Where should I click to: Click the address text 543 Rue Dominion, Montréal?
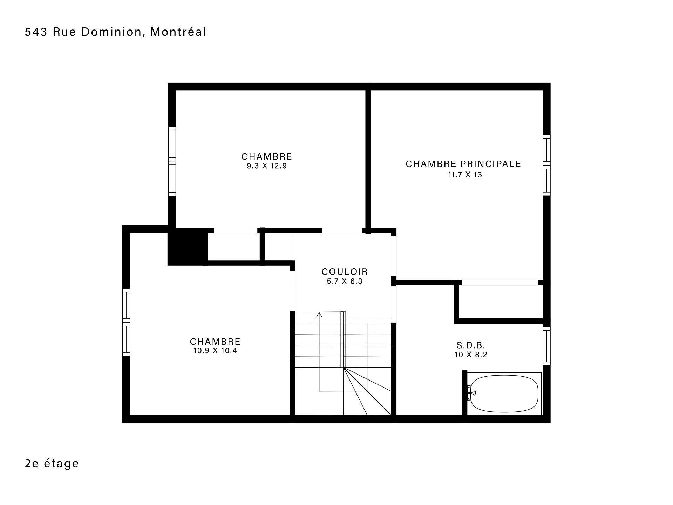coord(115,32)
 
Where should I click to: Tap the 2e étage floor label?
coord(52,463)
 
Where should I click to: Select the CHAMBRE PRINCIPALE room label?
coord(463,164)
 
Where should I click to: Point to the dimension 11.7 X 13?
coord(465,175)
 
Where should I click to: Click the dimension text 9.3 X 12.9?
coord(267,166)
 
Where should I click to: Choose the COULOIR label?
coord(345,272)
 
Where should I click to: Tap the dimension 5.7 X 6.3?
coord(345,281)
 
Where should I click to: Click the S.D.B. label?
coord(471,345)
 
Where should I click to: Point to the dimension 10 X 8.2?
coord(471,355)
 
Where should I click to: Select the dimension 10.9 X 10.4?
coord(215,350)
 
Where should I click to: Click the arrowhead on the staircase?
coord(319,315)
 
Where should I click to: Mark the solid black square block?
coord(188,247)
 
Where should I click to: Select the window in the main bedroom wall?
coord(546,165)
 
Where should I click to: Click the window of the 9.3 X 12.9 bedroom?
coord(172,161)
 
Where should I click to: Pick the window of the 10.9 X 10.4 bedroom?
coord(126,322)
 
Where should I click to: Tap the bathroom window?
coord(546,346)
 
